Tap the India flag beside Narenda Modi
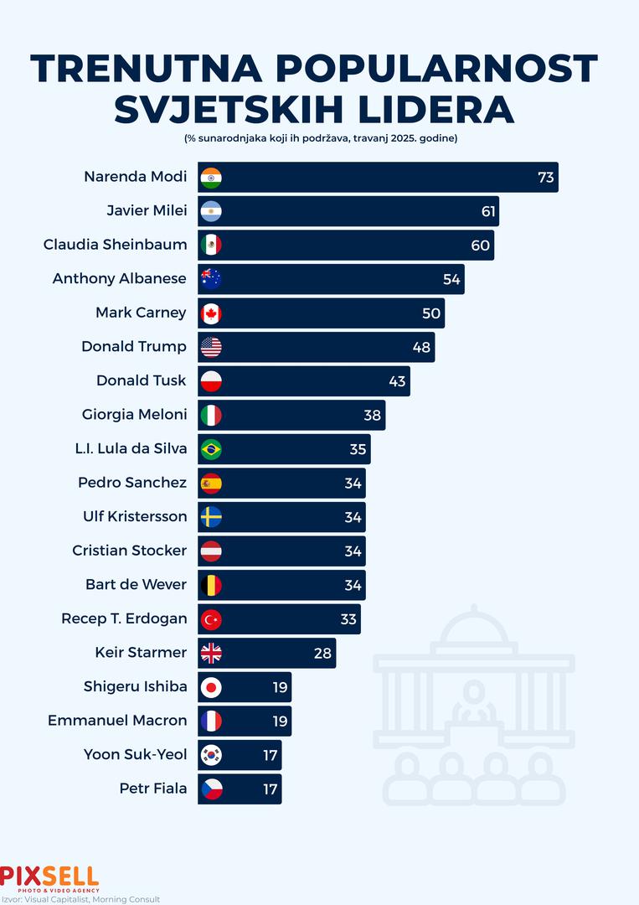pyautogui.click(x=211, y=178)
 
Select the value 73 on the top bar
pyautogui.click(x=546, y=178)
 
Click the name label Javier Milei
pyautogui.click(x=147, y=210)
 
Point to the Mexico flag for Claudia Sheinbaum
pyautogui.click(x=211, y=245)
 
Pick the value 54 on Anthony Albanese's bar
pyautogui.click(x=451, y=279)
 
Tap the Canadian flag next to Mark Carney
pyautogui.click(x=211, y=313)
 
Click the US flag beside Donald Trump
pyautogui.click(x=211, y=347)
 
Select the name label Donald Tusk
pyautogui.click(x=142, y=380)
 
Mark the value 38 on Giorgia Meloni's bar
pyautogui.click(x=373, y=415)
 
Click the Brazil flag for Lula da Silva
pyautogui.click(x=211, y=449)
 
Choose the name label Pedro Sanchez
pyautogui.click(x=132, y=483)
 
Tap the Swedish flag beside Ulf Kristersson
pyautogui.click(x=211, y=517)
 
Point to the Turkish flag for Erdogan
pyautogui.click(x=211, y=619)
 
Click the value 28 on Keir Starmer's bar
pyautogui.click(x=323, y=653)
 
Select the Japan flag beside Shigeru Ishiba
pyautogui.click(x=211, y=687)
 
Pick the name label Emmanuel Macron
pyautogui.click(x=117, y=720)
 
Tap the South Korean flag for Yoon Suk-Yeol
pyautogui.click(x=211, y=755)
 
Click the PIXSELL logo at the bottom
pyautogui.click(x=49, y=877)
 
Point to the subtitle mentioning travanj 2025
pyautogui.click(x=320, y=137)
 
